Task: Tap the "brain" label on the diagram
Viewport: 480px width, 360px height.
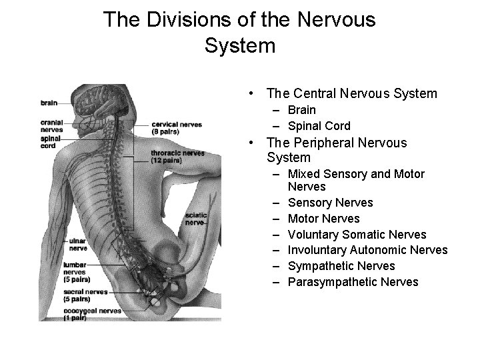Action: (x=49, y=103)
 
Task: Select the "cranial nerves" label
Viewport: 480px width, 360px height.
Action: (x=51, y=126)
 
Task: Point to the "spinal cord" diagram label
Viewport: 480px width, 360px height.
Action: (x=50, y=142)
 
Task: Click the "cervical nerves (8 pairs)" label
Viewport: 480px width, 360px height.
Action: (x=176, y=127)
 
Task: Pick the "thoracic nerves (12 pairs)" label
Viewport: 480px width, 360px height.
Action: (x=177, y=157)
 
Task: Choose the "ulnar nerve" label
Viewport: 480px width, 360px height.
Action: (x=77, y=244)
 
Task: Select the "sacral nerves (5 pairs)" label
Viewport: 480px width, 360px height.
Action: (x=84, y=295)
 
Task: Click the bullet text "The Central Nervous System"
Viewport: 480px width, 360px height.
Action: (x=351, y=93)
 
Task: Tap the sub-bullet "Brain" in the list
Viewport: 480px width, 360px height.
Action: (x=302, y=110)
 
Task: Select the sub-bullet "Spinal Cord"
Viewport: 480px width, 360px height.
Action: (x=319, y=126)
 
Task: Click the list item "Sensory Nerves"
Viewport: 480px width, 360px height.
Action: (x=330, y=203)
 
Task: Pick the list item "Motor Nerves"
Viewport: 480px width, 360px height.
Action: (x=323, y=219)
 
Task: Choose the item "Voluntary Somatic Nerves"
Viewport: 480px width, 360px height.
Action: (x=357, y=235)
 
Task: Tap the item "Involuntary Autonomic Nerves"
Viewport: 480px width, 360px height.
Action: (x=367, y=251)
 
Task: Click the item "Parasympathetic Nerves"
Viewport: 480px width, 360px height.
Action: (x=353, y=282)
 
